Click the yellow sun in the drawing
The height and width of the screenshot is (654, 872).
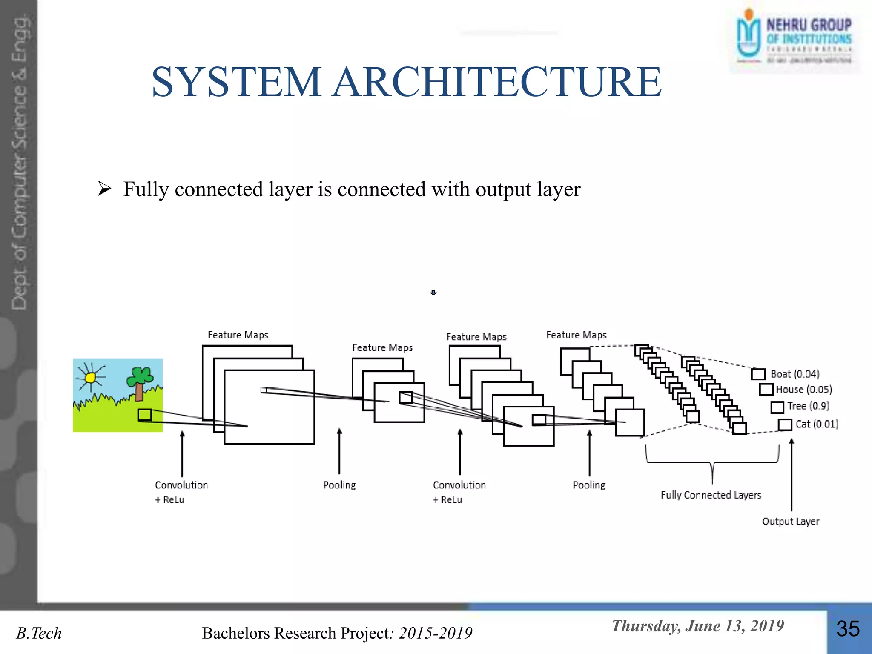pos(90,378)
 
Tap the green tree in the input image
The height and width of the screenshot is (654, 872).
pos(139,381)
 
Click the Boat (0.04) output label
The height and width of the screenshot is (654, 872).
pos(795,374)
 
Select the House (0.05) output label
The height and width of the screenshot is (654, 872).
pos(803,390)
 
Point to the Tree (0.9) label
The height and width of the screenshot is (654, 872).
pos(808,406)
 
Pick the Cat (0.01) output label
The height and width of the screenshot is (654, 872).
pos(817,424)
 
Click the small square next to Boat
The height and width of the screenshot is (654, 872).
pos(758,374)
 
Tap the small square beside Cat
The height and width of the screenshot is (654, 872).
pos(785,425)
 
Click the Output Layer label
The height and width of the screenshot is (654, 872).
pos(790,522)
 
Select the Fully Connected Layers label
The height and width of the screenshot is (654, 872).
pos(711,495)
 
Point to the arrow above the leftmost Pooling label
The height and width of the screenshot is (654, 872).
pos(339,451)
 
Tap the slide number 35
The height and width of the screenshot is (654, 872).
pos(848,629)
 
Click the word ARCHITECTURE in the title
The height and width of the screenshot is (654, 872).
pos(497,82)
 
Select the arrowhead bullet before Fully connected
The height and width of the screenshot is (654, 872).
pos(104,189)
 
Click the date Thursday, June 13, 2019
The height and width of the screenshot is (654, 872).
pos(697,626)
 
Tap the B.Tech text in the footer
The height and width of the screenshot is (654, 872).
pos(39,634)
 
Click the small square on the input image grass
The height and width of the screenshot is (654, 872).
pos(145,415)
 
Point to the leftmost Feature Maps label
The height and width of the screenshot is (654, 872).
pos(238,335)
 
